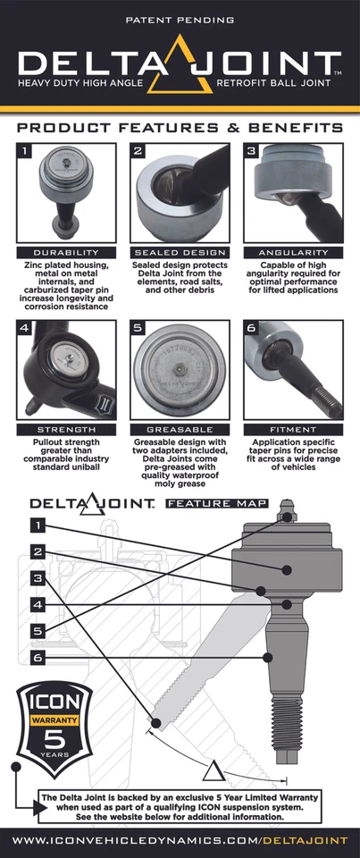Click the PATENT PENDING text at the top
(x=180, y=18)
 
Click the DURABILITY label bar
(x=66, y=252)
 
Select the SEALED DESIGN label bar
(x=180, y=252)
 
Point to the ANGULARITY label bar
(x=292, y=252)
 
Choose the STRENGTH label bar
(x=66, y=430)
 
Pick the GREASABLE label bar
(x=180, y=430)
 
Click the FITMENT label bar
(x=292, y=430)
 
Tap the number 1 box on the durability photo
(x=26, y=153)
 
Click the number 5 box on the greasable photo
(x=138, y=329)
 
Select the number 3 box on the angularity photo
(x=252, y=153)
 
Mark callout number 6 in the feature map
(x=38, y=658)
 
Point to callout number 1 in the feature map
(x=38, y=525)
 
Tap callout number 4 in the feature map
(x=38, y=605)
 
